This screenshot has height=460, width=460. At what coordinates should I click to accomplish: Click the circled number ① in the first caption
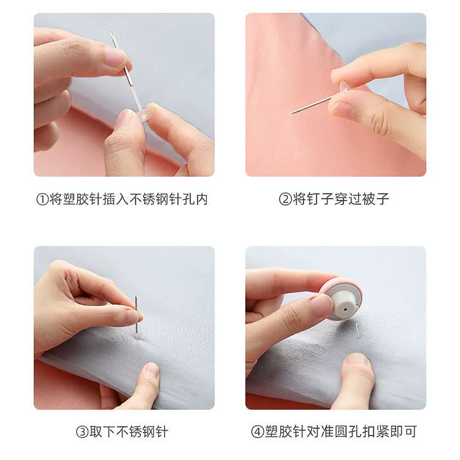42,199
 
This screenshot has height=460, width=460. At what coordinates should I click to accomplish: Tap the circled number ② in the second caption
285,199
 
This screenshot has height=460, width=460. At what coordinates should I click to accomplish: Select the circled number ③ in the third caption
82,432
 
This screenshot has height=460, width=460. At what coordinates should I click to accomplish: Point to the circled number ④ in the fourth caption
258,432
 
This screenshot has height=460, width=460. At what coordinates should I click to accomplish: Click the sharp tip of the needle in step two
290,113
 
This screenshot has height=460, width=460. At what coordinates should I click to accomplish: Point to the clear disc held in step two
344,87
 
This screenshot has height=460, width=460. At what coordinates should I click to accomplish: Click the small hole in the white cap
345,309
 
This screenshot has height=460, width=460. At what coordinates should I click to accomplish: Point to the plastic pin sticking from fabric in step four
358,331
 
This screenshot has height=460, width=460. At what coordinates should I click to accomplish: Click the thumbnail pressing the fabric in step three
151,369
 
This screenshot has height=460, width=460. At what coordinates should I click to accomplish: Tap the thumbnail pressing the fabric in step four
357,359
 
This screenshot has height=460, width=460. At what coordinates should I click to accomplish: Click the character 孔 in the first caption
189,199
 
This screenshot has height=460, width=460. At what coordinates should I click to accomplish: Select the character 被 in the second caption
369,199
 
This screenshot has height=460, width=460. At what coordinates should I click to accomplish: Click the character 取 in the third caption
96,432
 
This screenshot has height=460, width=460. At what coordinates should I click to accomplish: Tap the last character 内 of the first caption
202,199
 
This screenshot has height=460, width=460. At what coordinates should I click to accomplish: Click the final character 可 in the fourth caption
411,432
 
